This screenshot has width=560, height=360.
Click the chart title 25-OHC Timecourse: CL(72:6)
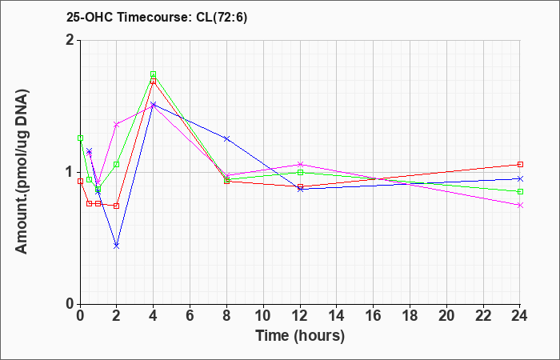pos(157,18)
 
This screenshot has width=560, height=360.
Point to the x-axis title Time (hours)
pos(300,336)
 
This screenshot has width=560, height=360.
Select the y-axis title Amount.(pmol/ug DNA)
pos(22,172)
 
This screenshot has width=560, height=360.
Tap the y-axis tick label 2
pos(70,40)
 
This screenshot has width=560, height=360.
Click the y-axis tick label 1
pos(70,173)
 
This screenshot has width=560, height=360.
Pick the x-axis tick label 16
pos(374,316)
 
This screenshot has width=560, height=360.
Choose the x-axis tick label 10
pos(263,316)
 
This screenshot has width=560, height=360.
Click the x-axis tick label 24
pos(520,316)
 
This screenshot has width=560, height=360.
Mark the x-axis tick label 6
pos(190,316)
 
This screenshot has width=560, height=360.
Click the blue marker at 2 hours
pos(117,246)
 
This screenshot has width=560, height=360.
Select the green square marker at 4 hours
pos(154,74)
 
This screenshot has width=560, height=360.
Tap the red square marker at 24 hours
pos(520,164)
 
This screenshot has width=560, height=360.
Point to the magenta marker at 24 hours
pos(520,205)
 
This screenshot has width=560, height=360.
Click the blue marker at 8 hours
pos(226,138)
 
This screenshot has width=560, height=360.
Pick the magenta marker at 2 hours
pos(117,125)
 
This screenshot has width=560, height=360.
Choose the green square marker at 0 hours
pos(80,138)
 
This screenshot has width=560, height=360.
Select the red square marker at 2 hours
pos(117,206)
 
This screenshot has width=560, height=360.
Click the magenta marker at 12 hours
pos(300,164)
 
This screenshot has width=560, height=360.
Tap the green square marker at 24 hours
pos(520,191)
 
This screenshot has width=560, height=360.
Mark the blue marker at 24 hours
pos(520,178)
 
